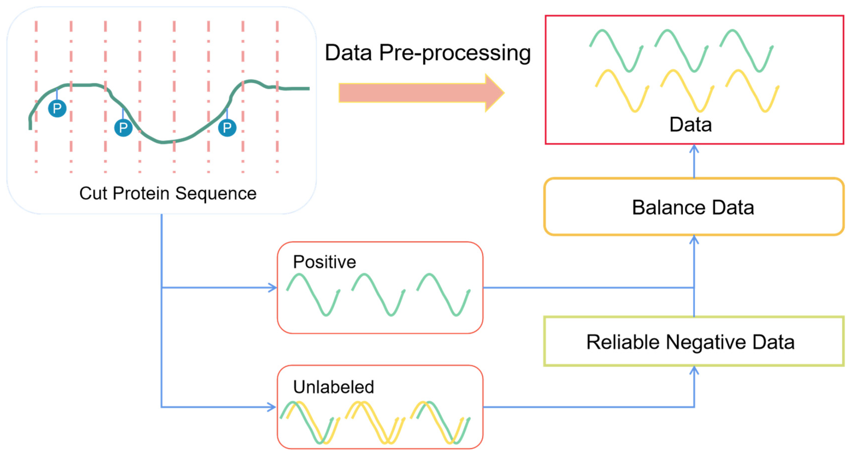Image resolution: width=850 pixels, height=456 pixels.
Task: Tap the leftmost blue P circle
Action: tap(57, 108)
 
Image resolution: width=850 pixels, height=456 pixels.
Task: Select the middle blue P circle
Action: tap(123, 128)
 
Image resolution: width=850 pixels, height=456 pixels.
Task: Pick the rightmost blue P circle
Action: tap(227, 128)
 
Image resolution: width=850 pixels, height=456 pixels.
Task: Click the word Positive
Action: tap(324, 262)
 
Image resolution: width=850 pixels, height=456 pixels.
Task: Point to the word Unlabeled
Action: tap(333, 387)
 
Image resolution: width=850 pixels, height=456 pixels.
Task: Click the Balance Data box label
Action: tap(693, 207)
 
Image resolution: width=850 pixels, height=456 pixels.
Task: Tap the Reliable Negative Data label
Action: tap(690, 342)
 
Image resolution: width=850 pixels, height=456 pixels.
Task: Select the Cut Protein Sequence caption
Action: tap(168, 193)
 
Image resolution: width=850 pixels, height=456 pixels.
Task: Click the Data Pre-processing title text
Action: tap(428, 53)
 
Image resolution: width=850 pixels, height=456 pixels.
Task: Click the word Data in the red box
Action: tap(690, 125)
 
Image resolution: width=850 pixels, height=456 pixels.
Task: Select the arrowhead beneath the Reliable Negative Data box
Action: tap(694, 370)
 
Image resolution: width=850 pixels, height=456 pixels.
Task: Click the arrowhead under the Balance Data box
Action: tap(694, 240)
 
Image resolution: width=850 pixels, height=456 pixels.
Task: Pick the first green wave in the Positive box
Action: tap(313, 295)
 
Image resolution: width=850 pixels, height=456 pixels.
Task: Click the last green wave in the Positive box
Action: tap(443, 295)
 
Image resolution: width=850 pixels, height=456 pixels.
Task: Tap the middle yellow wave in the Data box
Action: tap(687, 91)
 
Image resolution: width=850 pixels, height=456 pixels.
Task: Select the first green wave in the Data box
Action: tap(616, 50)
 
